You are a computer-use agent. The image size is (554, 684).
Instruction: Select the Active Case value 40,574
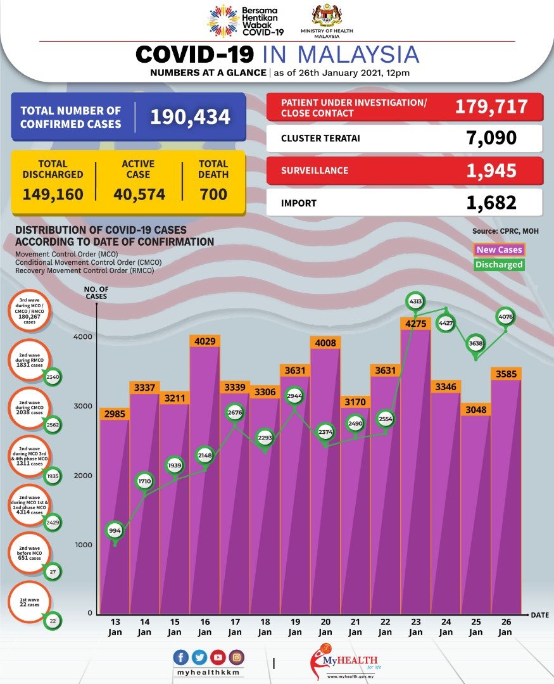pos(139,194)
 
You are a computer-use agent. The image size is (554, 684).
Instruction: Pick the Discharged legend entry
pos(498,264)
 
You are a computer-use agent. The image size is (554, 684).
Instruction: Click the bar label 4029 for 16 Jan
pos(204,341)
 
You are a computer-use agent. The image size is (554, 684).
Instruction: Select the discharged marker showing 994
pos(115,531)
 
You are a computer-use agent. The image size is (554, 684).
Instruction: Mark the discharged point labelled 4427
pos(446,326)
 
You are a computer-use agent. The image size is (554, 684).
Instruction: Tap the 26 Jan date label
pos(506,627)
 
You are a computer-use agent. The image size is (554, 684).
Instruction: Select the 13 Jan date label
pos(115,627)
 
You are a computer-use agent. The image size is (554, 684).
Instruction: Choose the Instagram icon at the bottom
pos(236,656)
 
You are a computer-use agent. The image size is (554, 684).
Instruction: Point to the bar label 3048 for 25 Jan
pos(475,409)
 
